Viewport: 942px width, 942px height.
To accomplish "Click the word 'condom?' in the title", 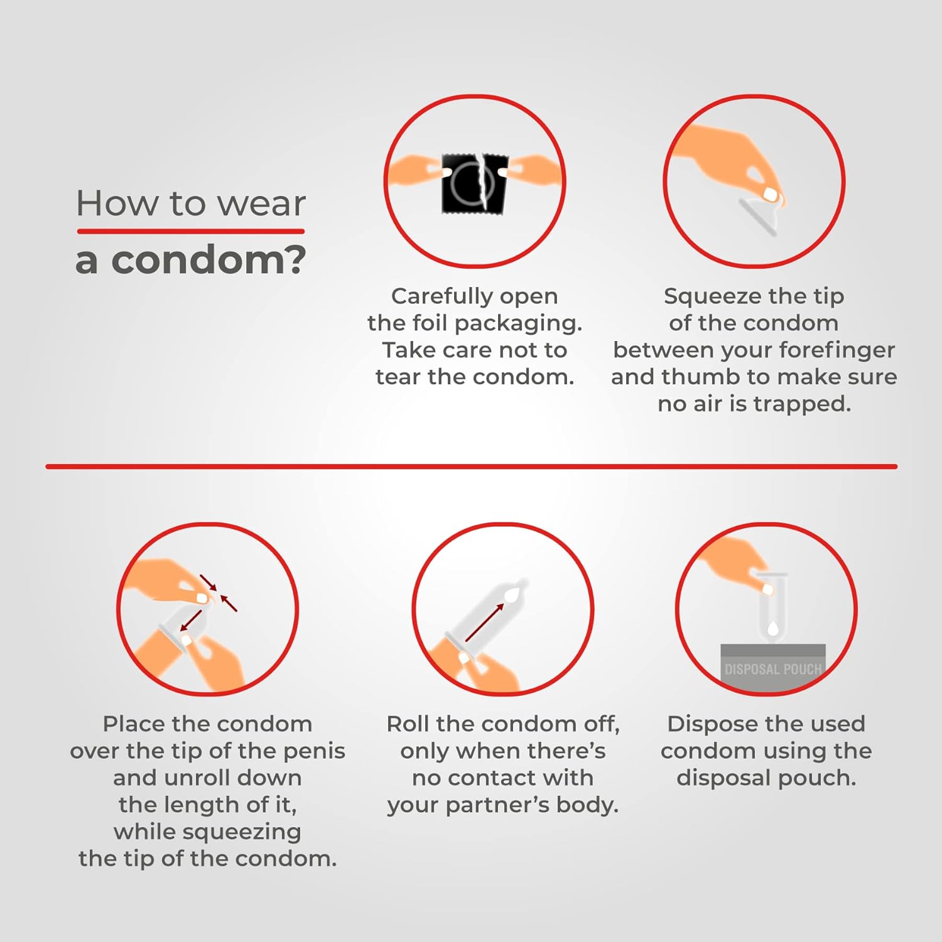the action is [x=208, y=259].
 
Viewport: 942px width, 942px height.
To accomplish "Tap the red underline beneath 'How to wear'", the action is [x=191, y=231].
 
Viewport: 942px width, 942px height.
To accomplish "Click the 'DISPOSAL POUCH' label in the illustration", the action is [x=773, y=669].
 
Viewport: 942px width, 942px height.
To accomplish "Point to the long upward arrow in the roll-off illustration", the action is [x=484, y=623].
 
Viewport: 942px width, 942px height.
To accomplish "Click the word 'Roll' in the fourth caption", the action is [x=408, y=724].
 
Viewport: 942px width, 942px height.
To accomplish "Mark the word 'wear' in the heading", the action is [x=262, y=203].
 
